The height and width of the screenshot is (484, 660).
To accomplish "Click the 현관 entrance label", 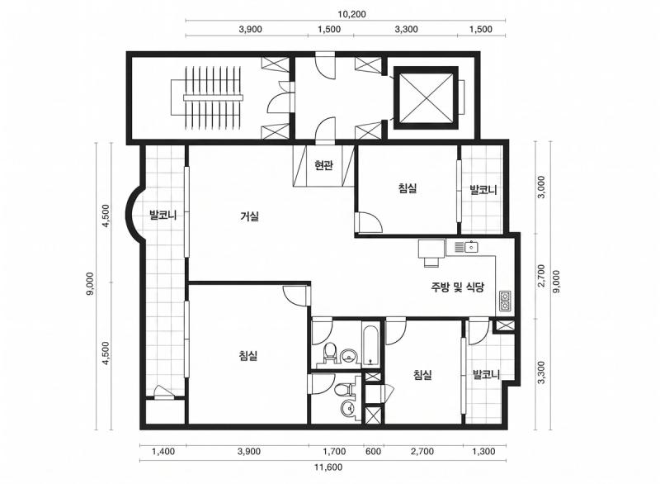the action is tap(323, 165).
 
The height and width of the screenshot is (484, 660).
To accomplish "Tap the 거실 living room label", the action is tap(249, 216).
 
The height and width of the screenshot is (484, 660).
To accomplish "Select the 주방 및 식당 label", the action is tap(457, 287).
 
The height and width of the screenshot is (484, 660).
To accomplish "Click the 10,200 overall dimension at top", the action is tap(351, 14).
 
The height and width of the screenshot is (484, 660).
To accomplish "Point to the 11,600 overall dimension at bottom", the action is tap(328, 467).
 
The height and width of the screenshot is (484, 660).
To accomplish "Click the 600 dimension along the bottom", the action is tap(374, 452).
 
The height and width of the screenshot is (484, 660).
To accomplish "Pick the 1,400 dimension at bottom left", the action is tap(163, 452).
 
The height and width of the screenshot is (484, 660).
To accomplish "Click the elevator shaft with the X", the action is tap(426, 97).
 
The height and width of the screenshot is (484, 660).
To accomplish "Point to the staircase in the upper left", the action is tap(207, 97).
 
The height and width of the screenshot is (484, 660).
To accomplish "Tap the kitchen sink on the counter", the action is tap(466, 247).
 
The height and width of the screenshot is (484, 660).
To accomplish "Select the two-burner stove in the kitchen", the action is tap(505, 301).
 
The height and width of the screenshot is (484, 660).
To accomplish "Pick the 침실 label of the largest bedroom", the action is tap(248, 356).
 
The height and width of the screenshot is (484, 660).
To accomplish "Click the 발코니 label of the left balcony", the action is tap(163, 216).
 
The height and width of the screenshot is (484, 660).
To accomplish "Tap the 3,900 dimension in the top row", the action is tap(250, 29).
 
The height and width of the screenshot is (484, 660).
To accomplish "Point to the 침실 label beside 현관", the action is tap(408, 187).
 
